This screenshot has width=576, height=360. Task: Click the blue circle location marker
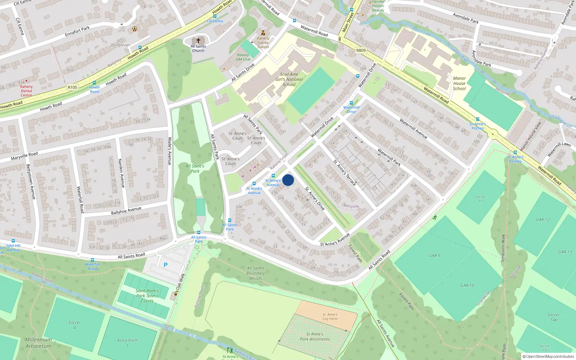tap(288, 180)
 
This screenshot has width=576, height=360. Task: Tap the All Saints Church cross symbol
tap(198, 41)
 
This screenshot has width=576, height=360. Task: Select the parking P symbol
tap(166, 265)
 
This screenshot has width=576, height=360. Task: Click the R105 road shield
tap(72, 87)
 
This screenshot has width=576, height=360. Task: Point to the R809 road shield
tap(361, 50)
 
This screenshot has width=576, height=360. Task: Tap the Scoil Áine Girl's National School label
tap(289, 80)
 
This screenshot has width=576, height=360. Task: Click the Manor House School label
tap(459, 83)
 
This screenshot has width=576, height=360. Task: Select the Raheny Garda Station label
tap(263, 42)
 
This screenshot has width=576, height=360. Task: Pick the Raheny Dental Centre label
tap(26, 91)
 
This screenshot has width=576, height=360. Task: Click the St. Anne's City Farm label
tap(330, 316)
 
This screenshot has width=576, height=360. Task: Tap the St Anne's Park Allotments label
tap(315, 337)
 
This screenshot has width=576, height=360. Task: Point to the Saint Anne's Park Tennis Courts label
tap(147, 296)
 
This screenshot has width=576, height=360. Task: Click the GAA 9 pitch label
tap(435, 256)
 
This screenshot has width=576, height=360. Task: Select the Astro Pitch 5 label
tap(127, 343)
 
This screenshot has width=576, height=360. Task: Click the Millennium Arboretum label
tap(39, 343)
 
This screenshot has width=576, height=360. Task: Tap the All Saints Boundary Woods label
tap(256, 273)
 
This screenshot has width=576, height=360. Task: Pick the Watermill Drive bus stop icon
tap(351, 103)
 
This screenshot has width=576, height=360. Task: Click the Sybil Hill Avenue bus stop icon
tap(13, 241)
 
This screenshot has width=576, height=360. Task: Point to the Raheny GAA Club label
tap(243, 57)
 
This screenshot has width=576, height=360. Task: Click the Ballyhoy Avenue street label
tap(126, 210)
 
